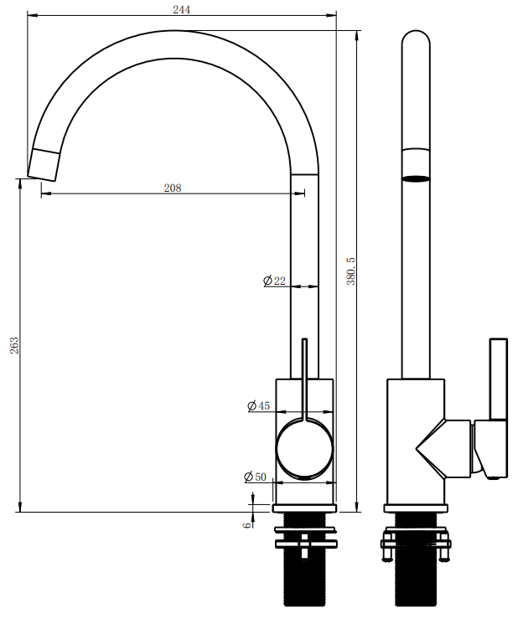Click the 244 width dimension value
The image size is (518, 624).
[x=181, y=9]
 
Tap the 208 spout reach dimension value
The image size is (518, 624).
[x=173, y=188]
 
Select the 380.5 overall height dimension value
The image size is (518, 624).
[x=350, y=271]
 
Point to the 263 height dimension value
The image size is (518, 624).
[x=14, y=345]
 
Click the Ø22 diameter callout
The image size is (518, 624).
[x=274, y=281]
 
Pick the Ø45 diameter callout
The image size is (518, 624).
[x=258, y=406]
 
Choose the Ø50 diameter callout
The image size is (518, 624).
[x=255, y=477]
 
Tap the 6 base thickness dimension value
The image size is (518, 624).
[x=247, y=525]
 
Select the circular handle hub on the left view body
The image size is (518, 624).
[x=304, y=448]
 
